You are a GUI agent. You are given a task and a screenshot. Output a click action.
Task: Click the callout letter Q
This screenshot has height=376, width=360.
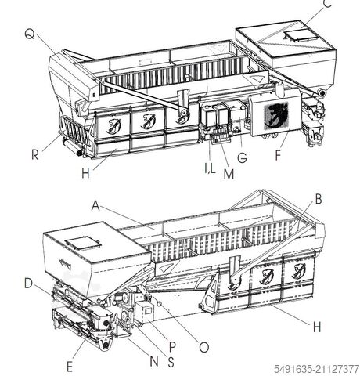(x=30, y=34)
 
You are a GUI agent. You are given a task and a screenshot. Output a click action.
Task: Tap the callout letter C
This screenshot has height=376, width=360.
(x=327, y=3)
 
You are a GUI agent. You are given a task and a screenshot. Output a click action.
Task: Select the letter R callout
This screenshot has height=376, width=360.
(x=35, y=154)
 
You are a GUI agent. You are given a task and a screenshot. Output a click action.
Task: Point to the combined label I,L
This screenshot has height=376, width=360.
(x=210, y=168)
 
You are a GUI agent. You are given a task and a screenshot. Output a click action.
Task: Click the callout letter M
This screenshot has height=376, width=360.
(x=229, y=175)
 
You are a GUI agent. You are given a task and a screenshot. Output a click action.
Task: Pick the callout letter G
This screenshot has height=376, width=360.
(x=242, y=157)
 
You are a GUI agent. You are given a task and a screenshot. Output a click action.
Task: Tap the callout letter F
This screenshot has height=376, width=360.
(x=278, y=155)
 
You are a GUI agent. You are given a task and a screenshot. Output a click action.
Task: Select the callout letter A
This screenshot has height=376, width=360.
(x=95, y=206)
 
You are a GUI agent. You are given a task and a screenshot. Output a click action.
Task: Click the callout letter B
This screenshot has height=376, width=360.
(x=319, y=199)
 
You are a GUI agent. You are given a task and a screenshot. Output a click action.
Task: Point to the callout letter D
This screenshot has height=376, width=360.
(x=28, y=284)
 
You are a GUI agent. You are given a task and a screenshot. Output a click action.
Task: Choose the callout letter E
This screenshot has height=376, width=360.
(x=70, y=367)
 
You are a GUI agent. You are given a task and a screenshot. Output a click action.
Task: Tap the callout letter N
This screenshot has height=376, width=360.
(x=154, y=362)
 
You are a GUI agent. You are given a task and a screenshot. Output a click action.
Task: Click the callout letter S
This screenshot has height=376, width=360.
(x=171, y=362)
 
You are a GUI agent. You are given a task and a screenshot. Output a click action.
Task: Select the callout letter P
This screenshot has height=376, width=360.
(x=172, y=347)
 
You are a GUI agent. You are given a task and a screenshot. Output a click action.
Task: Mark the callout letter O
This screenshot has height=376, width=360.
(x=204, y=348)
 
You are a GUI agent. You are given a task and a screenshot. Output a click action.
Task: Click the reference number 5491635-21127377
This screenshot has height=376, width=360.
(x=316, y=369)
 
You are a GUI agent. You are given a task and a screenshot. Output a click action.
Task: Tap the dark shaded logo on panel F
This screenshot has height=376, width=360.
(x=276, y=115)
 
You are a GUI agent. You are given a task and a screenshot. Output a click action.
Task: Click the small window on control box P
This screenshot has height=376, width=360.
(x=148, y=311)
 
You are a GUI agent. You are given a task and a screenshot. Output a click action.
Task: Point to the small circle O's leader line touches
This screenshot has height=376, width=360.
(x=160, y=304)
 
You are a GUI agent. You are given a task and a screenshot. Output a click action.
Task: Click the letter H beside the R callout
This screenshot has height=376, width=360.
(x=85, y=173)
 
